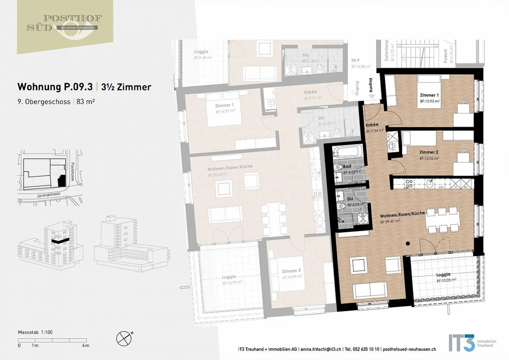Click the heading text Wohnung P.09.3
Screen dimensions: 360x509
tap(55, 87)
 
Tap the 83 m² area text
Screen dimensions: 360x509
tap(86, 102)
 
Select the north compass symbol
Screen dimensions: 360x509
tap(124, 338)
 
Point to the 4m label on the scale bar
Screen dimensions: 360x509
tap(85, 346)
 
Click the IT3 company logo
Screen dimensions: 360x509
tap(462, 343)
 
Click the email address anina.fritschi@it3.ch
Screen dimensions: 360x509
tap(321, 349)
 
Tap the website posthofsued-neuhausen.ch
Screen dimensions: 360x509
tap(409, 349)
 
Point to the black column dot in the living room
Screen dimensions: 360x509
tap(408, 243)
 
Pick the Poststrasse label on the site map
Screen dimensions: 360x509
tap(72, 172)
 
